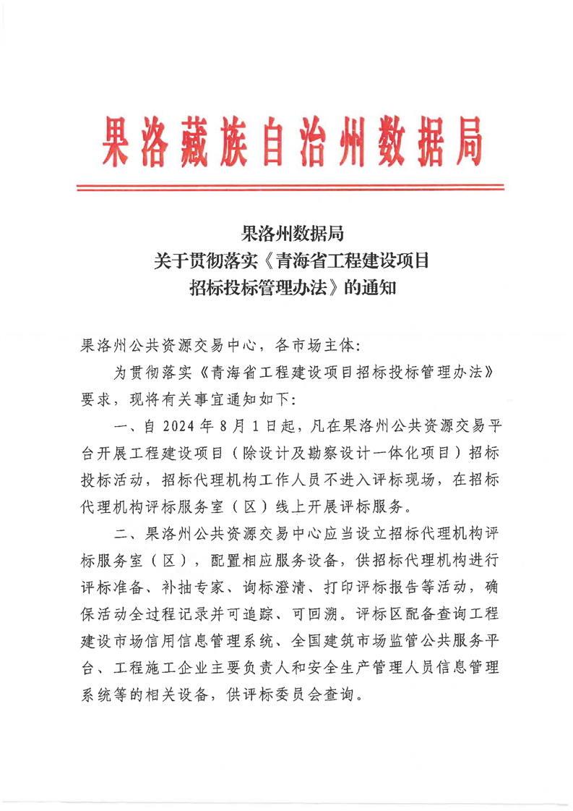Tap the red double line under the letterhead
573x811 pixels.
(x=290, y=188)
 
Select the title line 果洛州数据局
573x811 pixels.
(x=290, y=234)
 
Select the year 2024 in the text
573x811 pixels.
(x=189, y=426)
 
